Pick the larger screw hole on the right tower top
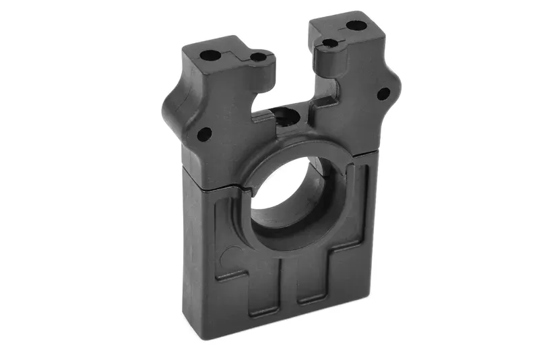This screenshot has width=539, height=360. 356,26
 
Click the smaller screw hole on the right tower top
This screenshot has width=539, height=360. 329,43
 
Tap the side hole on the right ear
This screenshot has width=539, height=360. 383,94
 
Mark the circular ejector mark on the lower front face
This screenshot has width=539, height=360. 230,256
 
